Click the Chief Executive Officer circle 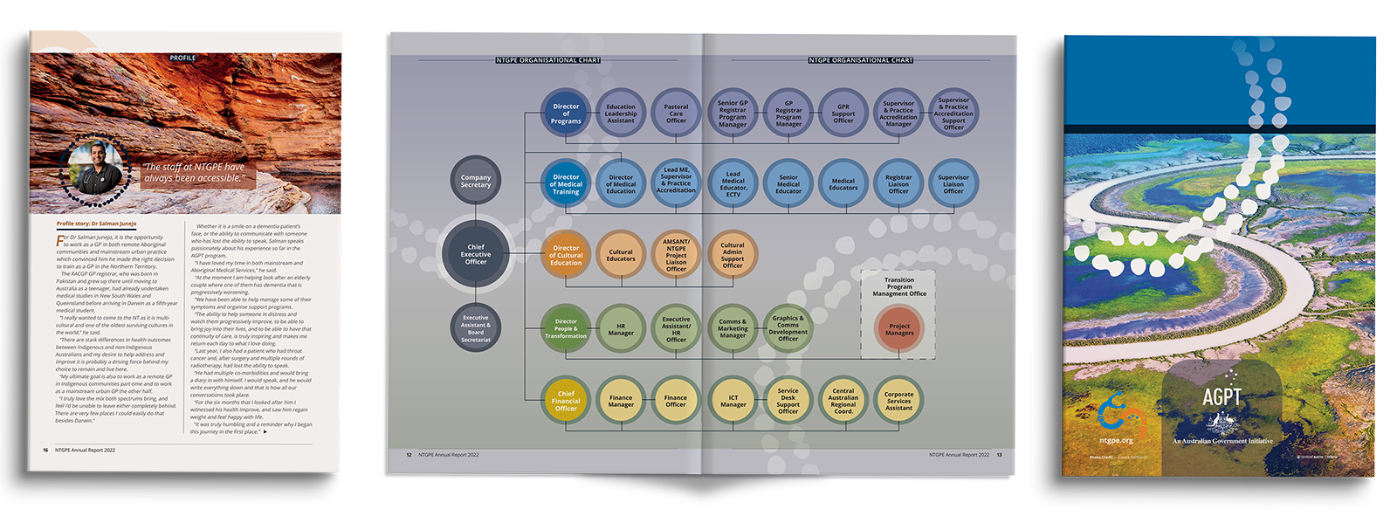[x=476, y=254]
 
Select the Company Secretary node [x=476, y=181]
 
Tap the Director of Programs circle [x=566, y=114]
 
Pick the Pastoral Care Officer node [x=676, y=114]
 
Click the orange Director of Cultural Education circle [x=566, y=255]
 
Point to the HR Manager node [x=621, y=329]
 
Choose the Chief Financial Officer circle [x=566, y=401]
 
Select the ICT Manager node [x=733, y=401]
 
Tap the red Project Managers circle [x=899, y=329]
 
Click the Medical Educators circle [x=843, y=183]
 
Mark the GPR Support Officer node [x=843, y=114]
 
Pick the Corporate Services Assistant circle [x=898, y=401]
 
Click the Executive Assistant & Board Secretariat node [x=476, y=329]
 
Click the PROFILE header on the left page [x=182, y=58]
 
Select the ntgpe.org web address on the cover [x=1117, y=441]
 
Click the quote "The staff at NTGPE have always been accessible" [x=194, y=172]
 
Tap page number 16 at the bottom [x=45, y=451]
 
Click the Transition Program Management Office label [x=899, y=286]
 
